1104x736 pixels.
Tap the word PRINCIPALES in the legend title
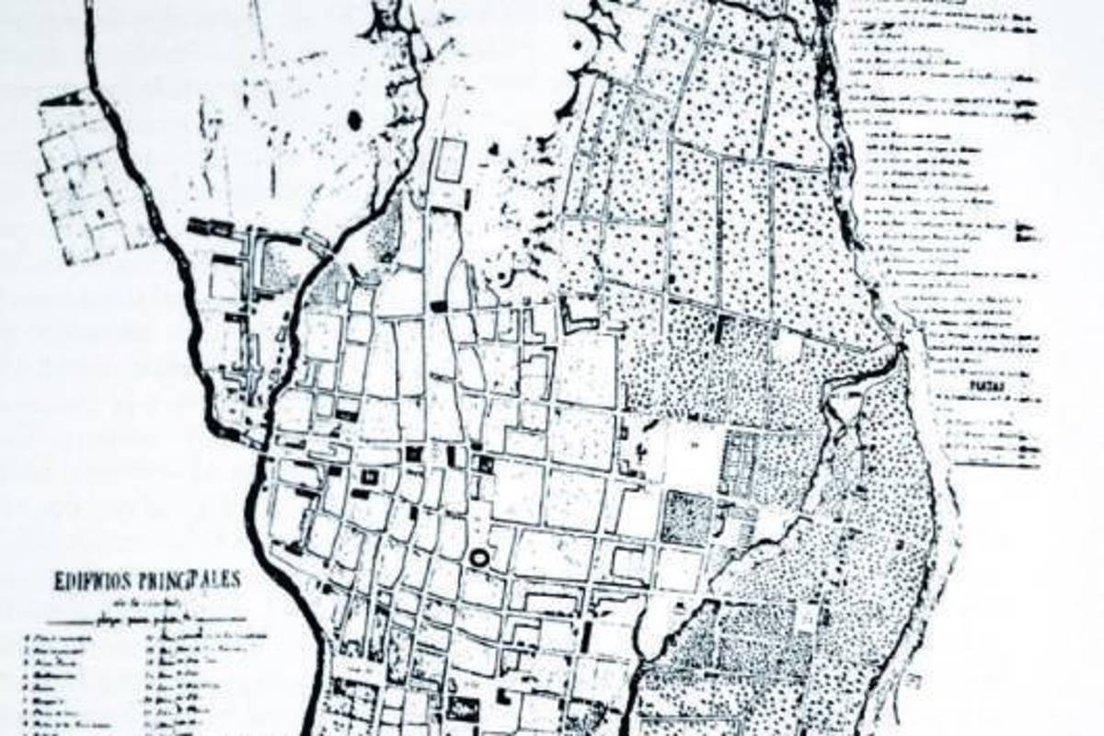tap(195, 581)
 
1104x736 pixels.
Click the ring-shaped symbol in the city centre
tap(479, 558)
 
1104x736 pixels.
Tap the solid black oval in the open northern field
tap(354, 120)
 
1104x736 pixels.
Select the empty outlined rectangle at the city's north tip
tap(449, 160)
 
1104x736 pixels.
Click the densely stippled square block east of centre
tap(687, 517)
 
